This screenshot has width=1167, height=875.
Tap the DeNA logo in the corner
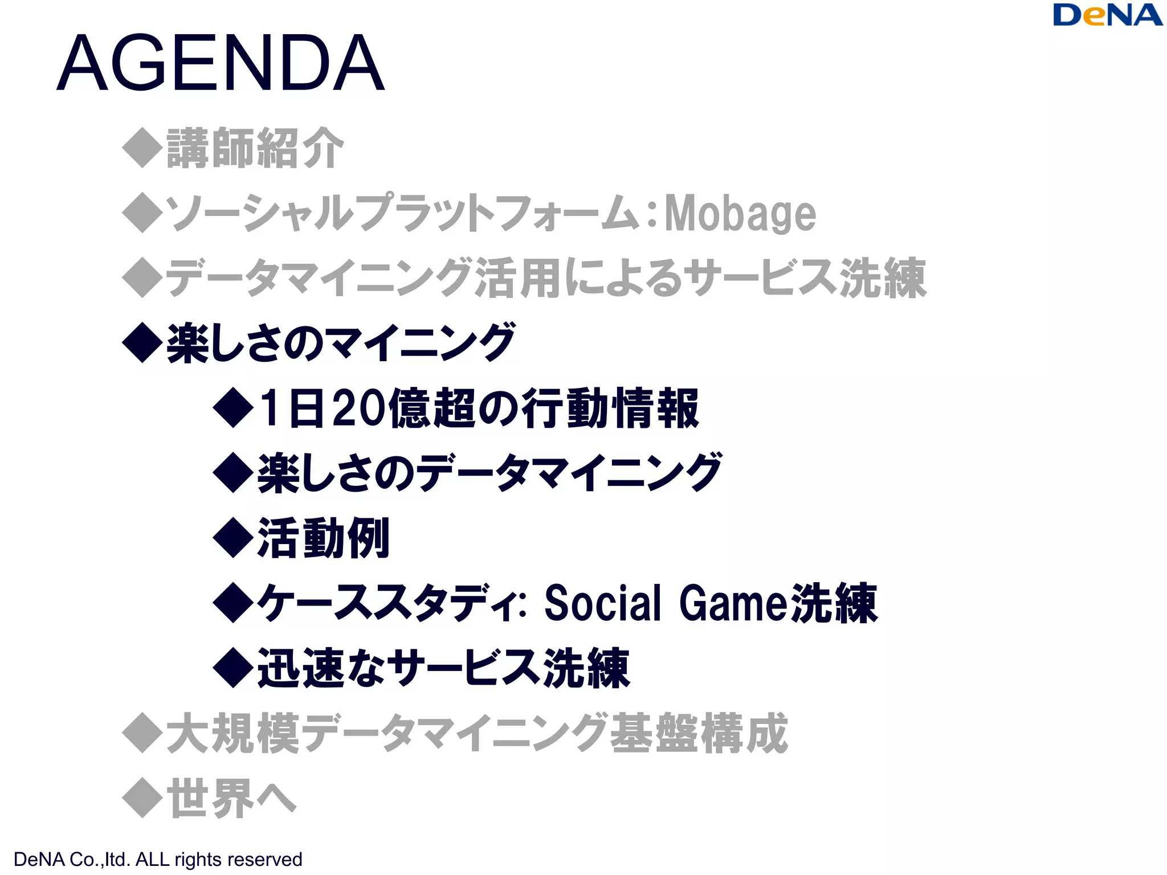[1107, 15]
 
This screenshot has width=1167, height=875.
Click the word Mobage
[740, 213]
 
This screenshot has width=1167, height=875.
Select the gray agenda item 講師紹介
[255, 148]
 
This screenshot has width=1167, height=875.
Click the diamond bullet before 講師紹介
[142, 148]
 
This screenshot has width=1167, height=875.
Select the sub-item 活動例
[323, 538]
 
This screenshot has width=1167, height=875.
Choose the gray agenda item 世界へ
[231, 798]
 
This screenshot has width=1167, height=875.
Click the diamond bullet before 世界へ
[142, 798]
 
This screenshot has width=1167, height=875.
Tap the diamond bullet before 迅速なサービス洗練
[233, 668]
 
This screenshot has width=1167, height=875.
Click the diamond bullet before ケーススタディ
[233, 603]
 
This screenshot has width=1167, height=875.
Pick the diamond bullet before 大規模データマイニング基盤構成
[142, 733]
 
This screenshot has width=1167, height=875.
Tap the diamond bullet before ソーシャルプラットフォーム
[142, 212]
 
